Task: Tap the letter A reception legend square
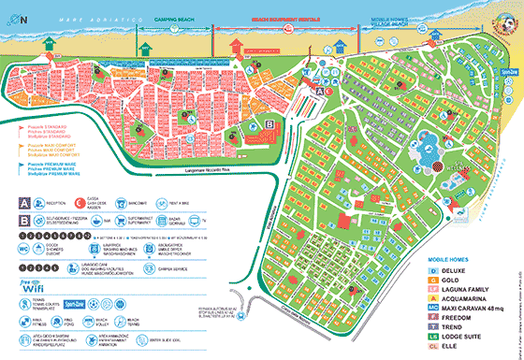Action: [23, 200]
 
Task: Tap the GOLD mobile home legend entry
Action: [457, 280]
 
